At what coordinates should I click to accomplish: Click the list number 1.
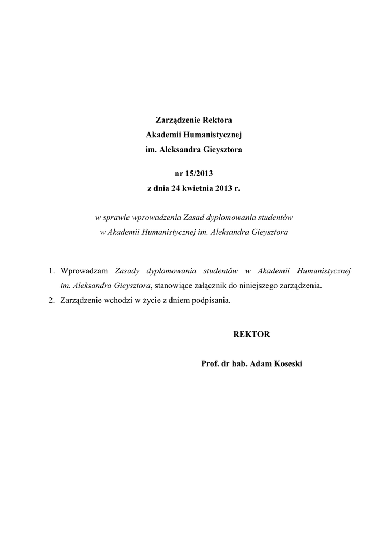pos(51,271)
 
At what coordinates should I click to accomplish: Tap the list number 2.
pos(51,300)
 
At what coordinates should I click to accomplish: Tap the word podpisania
pos(212,300)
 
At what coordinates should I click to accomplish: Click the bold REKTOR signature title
pos(252,335)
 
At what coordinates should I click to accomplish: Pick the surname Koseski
pos(288,364)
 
